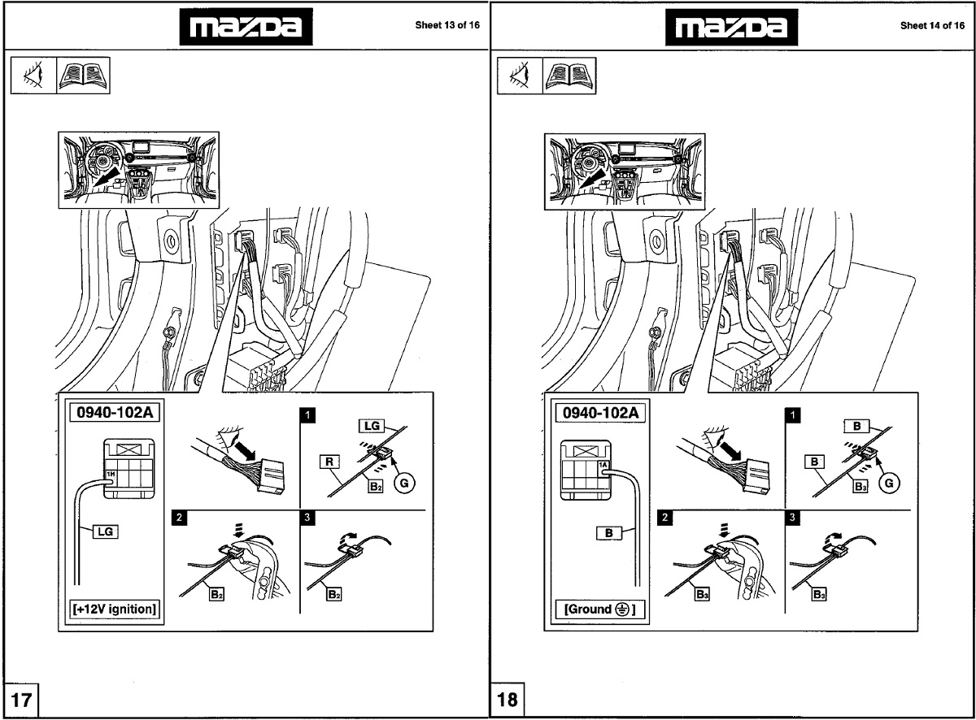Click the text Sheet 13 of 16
tap(447, 25)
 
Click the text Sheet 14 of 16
tap(932, 25)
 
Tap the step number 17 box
tap(21, 699)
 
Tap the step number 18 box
tap(506, 699)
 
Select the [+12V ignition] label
tap(115, 608)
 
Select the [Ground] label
tap(599, 608)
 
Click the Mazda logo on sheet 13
tap(245, 28)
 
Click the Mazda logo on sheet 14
tap(730, 28)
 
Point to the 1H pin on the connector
tap(111, 472)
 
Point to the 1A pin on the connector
tap(603, 466)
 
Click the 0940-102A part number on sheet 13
tap(115, 411)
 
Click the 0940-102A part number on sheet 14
tap(599, 411)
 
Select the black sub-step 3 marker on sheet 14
tap(793, 518)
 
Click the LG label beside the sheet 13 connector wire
tap(104, 531)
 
